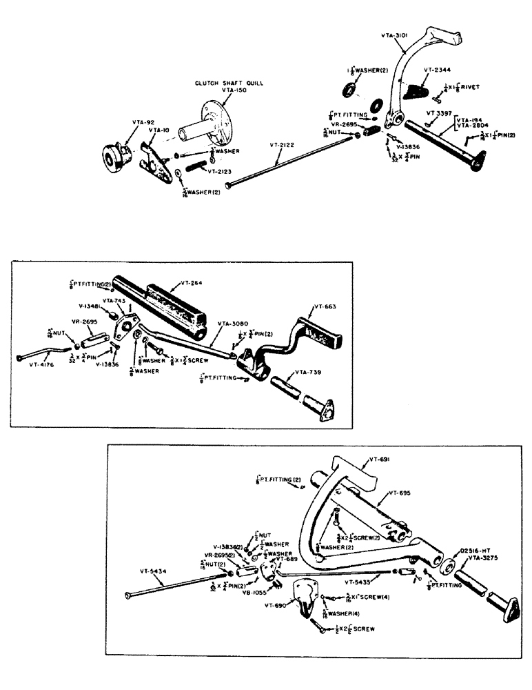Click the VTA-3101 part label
(x=396, y=32)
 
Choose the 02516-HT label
(x=472, y=550)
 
